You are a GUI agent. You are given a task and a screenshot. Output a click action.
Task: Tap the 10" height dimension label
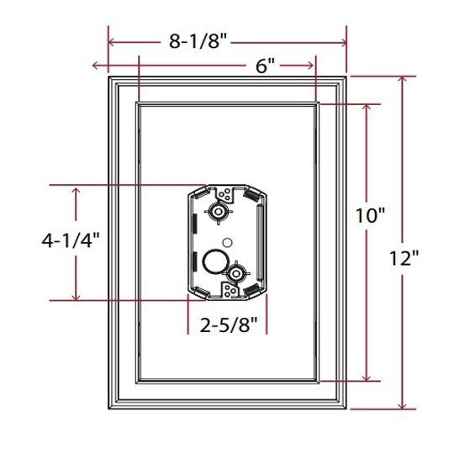pos(369,216)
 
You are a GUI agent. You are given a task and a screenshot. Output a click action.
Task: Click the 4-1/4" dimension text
pos(71,240)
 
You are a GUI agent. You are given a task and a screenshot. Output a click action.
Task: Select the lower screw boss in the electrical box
pos(235,274)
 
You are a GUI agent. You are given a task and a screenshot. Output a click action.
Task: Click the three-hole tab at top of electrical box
pos(224,195)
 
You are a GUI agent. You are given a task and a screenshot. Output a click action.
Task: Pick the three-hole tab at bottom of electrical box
pos(230,291)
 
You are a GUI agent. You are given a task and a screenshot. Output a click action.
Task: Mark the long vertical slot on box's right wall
pos(258,244)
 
